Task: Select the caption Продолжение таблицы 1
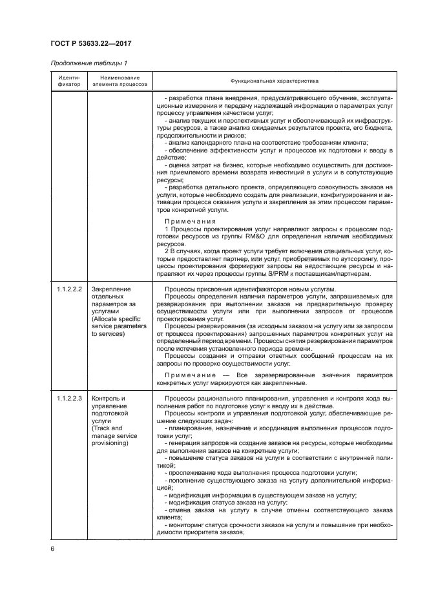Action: coord(88,63)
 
